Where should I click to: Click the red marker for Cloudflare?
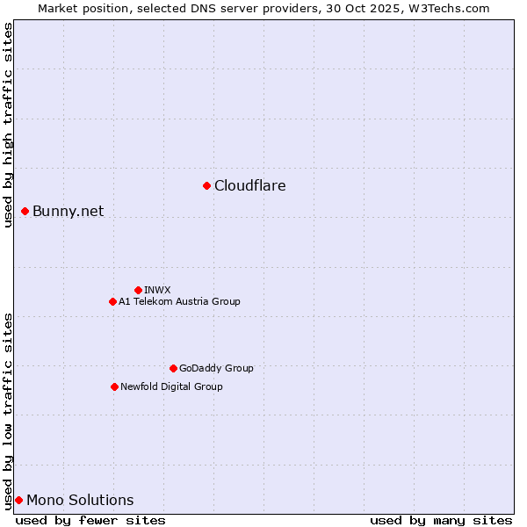206,185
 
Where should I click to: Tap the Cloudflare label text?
250,186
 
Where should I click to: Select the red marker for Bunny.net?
25,211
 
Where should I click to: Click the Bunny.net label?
69,212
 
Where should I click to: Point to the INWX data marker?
138,290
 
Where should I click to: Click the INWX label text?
157,290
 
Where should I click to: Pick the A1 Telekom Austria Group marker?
112,301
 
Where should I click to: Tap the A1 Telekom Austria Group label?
179,301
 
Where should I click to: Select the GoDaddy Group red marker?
173,368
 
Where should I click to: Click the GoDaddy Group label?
216,368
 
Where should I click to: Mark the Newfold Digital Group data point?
114,386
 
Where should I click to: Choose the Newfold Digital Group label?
171,386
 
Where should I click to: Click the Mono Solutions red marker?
18,500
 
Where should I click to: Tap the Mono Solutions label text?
80,501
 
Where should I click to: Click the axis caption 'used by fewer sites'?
90,520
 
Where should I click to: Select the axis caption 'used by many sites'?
441,520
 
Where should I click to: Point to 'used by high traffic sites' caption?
9,125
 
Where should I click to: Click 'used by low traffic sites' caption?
9,410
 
